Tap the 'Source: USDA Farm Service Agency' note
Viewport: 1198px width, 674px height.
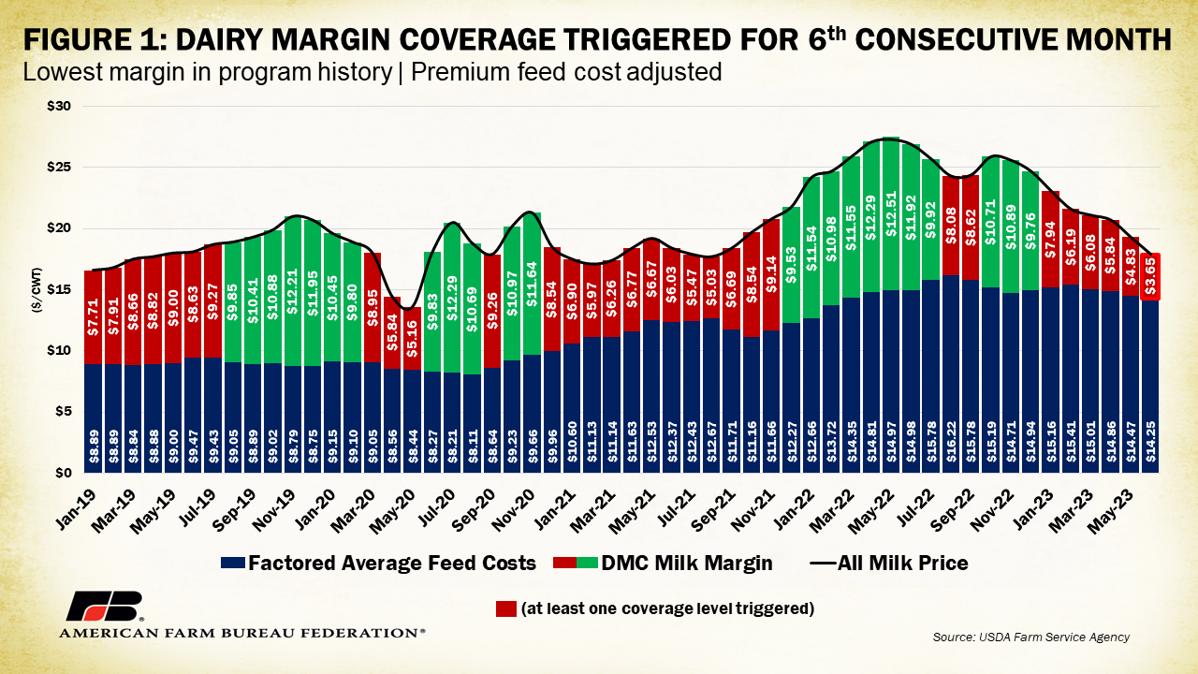(x=1030, y=637)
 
